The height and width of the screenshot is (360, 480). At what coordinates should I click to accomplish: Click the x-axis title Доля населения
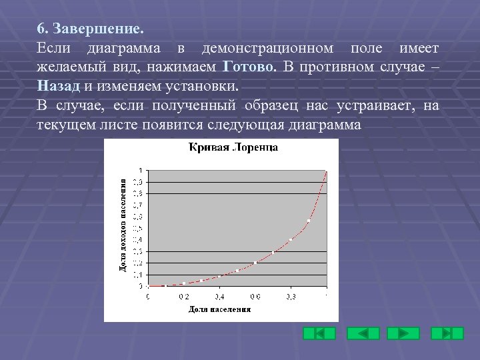point(219,309)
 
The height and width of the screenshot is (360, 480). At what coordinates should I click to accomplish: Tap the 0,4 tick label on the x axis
point(219,296)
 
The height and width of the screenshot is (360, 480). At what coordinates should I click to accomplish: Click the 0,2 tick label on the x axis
point(183,296)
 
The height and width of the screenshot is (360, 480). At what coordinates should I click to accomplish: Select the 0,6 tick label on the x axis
point(255,296)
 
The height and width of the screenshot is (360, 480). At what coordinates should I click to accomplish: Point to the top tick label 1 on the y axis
point(140,169)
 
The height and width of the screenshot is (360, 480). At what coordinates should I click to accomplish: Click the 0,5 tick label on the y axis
point(137,228)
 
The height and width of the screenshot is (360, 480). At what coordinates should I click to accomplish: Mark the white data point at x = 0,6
point(255,263)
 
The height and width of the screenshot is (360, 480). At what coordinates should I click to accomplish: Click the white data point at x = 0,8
point(291,239)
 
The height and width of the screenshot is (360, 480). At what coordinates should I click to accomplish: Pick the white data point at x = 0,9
point(309,221)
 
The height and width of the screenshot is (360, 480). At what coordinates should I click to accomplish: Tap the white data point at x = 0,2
point(183,283)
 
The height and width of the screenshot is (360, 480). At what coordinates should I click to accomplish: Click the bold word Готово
point(249,67)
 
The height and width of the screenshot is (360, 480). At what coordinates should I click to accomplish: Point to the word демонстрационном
point(267,49)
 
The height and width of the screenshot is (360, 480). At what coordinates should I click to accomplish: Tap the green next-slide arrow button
point(403,333)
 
